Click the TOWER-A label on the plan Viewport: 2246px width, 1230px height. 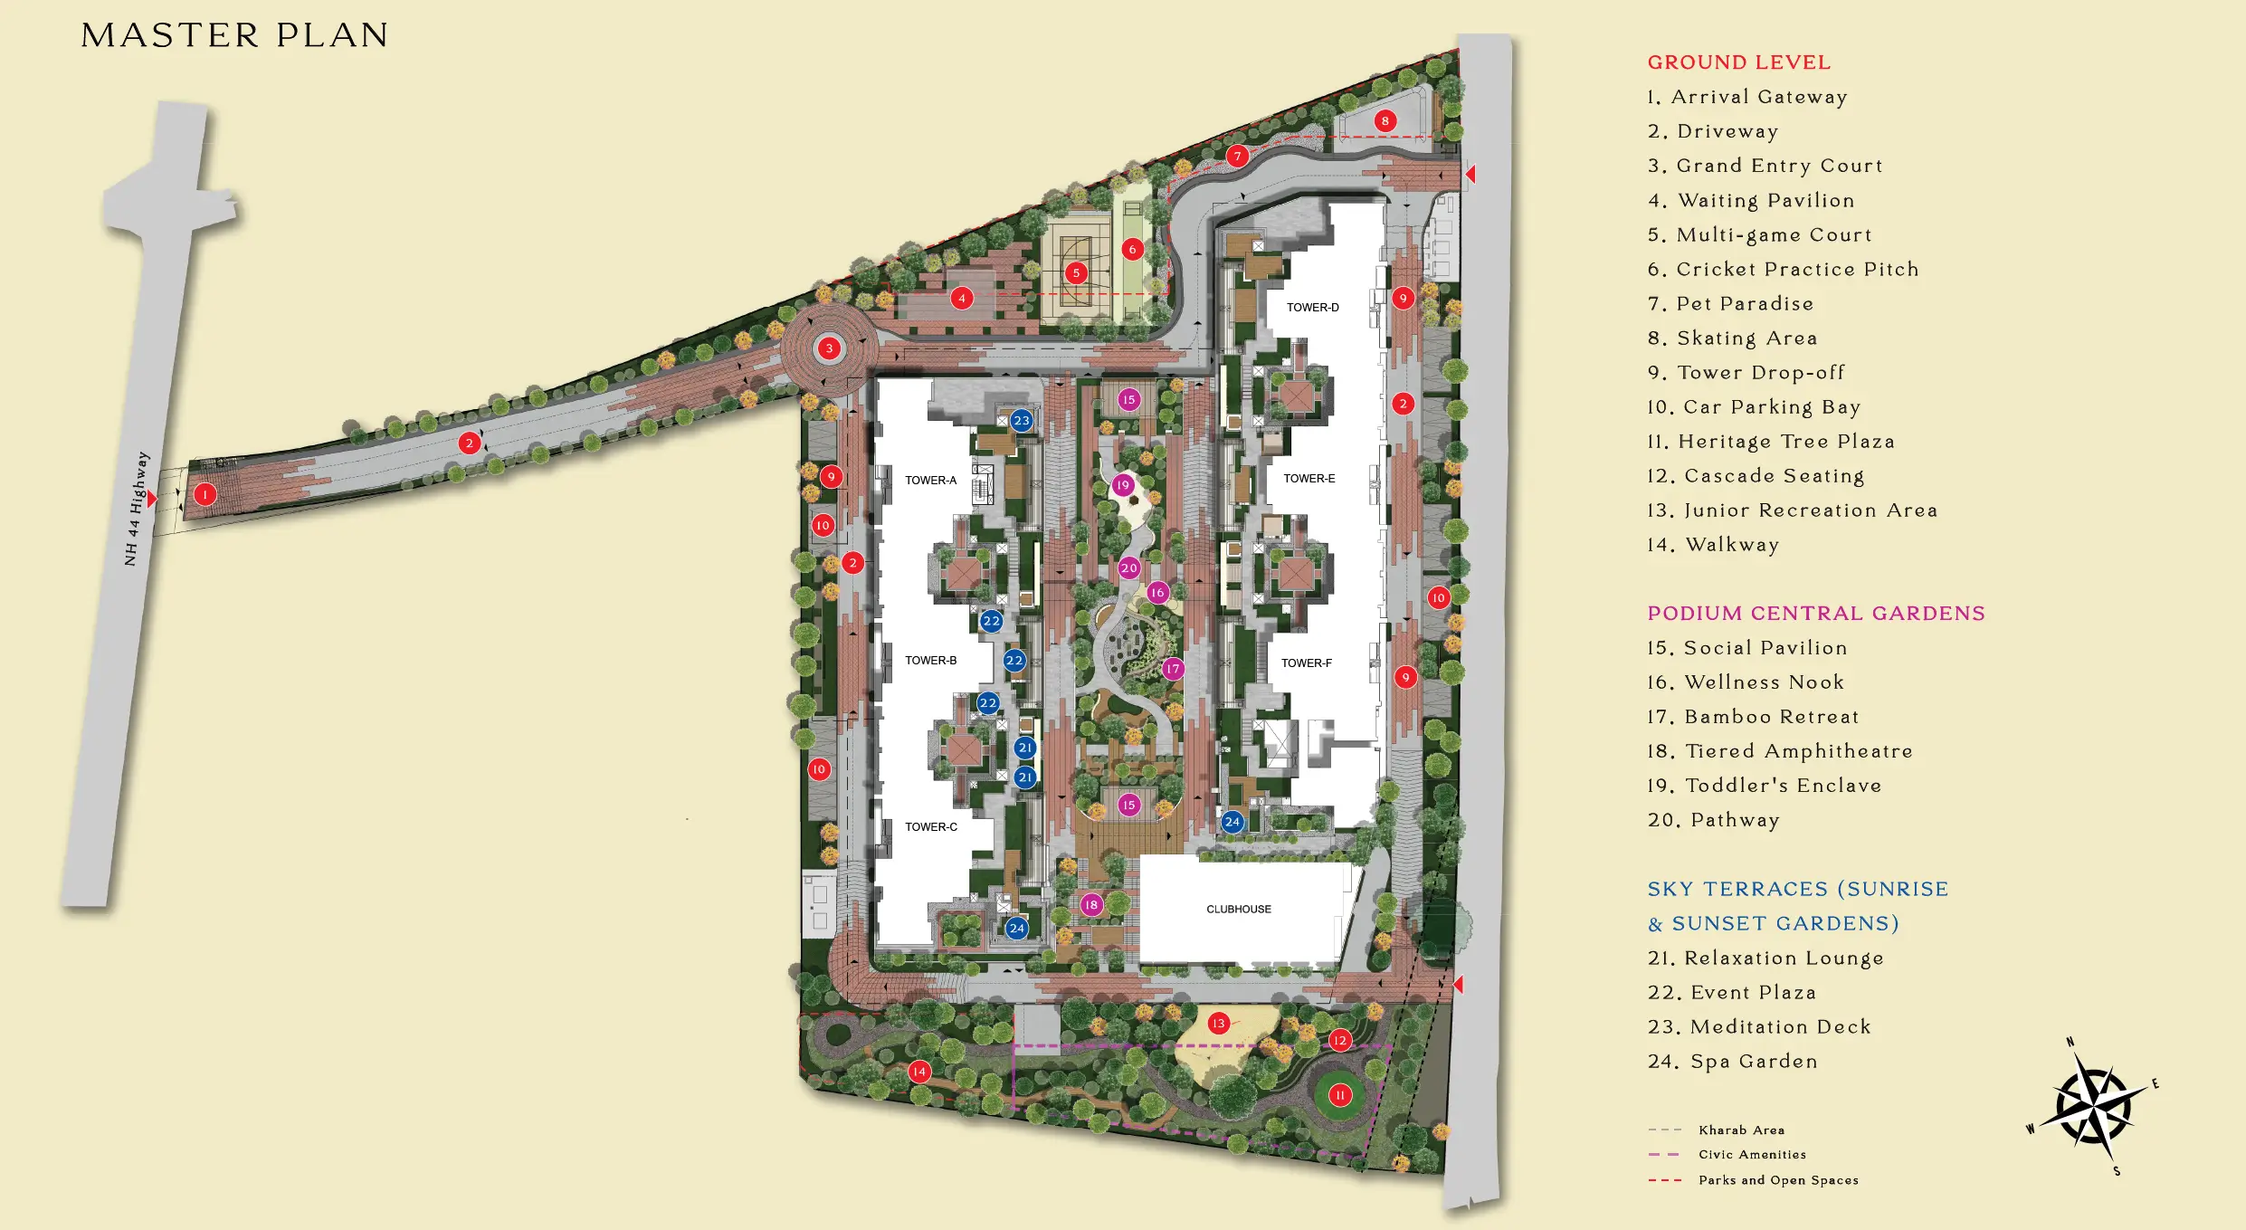pos(930,481)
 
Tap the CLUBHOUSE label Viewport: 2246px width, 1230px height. pos(1238,910)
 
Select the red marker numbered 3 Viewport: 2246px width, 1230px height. pos(829,348)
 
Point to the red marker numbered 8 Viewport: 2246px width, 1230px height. pos(1385,121)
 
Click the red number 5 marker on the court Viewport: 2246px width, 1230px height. pos(1076,272)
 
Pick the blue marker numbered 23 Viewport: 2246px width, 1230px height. pos(1022,421)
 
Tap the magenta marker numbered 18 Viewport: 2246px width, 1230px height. pos(1091,904)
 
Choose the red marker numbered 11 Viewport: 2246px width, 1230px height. pos(1340,1095)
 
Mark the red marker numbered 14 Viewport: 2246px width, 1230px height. pos(919,1072)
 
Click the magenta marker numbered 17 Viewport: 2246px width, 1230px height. pos(1173,669)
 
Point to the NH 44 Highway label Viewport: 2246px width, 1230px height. pos(137,509)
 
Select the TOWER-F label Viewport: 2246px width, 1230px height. pos(1306,663)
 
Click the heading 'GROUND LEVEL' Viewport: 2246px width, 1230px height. pos(1738,62)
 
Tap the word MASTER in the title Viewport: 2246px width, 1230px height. pos(170,36)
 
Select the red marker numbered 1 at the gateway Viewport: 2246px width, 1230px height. pos(205,494)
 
